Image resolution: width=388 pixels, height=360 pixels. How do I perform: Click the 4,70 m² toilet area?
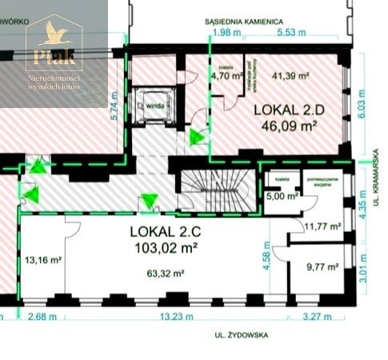coord(222,78)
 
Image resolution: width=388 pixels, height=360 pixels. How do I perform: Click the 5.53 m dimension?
coord(290,33)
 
